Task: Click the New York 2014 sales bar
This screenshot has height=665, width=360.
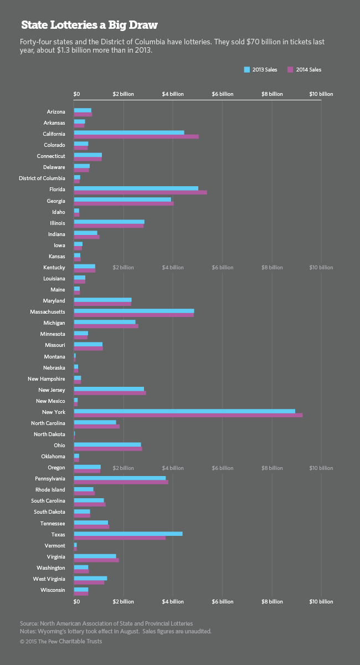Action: click(188, 415)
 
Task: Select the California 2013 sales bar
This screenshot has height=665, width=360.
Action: click(129, 132)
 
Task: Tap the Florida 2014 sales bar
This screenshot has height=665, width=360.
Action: click(141, 192)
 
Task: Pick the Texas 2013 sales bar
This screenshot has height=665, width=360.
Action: click(128, 533)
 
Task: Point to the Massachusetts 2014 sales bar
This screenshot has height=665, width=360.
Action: click(133, 315)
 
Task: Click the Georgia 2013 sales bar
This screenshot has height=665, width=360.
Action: click(122, 199)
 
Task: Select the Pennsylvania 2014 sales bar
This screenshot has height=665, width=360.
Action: click(121, 482)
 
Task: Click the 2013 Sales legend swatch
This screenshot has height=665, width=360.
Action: click(247, 70)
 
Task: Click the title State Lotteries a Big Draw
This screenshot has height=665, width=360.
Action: click(89, 25)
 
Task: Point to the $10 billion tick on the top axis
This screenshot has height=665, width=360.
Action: click(321, 94)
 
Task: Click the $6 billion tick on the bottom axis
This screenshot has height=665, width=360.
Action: click(222, 601)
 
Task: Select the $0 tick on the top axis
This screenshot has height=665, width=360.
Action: click(76, 94)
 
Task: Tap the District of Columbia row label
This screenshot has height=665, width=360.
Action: click(42, 178)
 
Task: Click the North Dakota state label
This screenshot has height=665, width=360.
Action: click(49, 434)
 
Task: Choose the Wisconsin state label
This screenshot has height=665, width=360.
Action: click(53, 590)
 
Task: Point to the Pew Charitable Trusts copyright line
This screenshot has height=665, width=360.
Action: click(61, 641)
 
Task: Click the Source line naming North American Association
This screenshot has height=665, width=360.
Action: click(106, 623)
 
